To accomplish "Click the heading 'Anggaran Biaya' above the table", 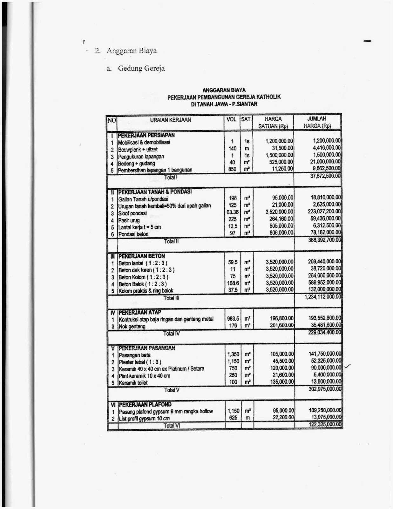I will pyautogui.click(x=131, y=51).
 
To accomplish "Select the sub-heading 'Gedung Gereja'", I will pyautogui.click(x=141, y=68).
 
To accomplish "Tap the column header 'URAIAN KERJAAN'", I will pyautogui.click(x=171, y=120).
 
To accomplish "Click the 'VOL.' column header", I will pyautogui.click(x=232, y=119).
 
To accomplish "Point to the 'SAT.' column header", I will pyautogui.click(x=246, y=119).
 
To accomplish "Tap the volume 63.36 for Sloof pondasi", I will pyautogui.click(x=233, y=212).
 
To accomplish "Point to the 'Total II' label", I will pyautogui.click(x=171, y=241).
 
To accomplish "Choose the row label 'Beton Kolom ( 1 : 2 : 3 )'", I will pyautogui.click(x=143, y=277).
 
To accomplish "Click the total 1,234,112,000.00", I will pyautogui.click(x=322, y=297).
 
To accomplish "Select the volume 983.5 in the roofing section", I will pyautogui.click(x=233, y=318).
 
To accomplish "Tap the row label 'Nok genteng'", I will pyautogui.click(x=132, y=326).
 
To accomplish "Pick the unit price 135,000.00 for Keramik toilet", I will pyautogui.click(x=281, y=382).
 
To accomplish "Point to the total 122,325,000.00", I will pyautogui.click(x=325, y=425).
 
